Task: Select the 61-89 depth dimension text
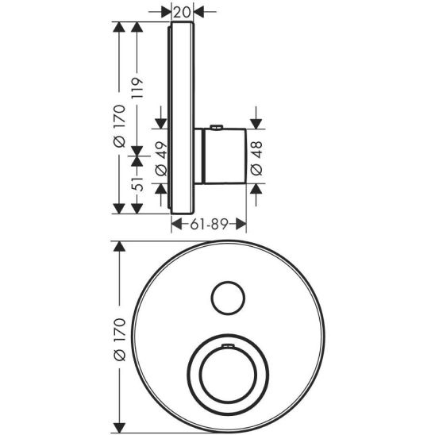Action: (210, 225)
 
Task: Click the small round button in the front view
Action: (227, 298)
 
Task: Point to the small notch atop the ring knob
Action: (228, 346)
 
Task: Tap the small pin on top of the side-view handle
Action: (217, 128)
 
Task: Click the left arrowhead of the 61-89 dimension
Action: (177, 225)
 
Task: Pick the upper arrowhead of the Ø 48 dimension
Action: (256, 121)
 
